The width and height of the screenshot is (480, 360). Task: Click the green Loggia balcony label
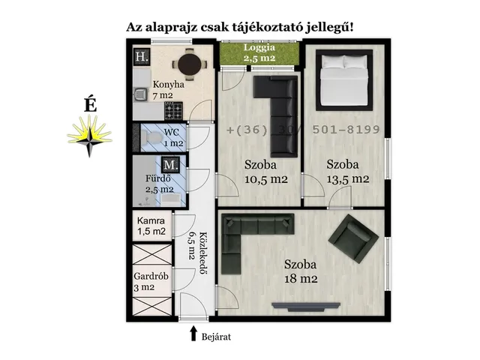pos(258,52)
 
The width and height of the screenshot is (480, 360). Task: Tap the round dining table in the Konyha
pos(187,64)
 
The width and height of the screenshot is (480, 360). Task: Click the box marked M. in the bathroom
pos(171,164)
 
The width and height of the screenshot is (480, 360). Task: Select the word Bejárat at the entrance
pos(217,337)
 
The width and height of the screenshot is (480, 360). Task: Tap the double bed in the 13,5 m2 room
pos(344,79)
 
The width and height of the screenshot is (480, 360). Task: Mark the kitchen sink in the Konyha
pos(140,94)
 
